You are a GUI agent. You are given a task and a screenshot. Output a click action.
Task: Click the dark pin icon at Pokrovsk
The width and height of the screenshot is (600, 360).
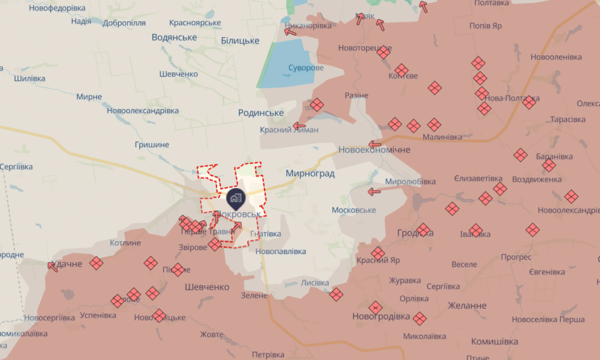click(x=235, y=198)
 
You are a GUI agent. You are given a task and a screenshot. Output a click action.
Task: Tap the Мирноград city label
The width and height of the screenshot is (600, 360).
click(x=310, y=173)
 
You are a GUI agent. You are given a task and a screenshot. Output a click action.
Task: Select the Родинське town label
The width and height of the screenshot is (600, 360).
click(x=261, y=112)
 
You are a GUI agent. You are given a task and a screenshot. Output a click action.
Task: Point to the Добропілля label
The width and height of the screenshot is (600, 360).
click(x=123, y=23)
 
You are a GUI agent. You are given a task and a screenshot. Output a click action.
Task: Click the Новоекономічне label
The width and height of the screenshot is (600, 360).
click(x=374, y=149)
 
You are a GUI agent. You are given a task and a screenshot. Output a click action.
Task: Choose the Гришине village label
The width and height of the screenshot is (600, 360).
click(x=152, y=145)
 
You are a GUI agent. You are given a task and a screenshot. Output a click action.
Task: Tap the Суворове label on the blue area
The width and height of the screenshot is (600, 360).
click(x=305, y=68)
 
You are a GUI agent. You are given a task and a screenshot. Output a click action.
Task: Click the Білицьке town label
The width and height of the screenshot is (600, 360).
click(x=240, y=41)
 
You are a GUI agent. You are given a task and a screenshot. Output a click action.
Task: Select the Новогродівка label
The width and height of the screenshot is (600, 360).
click(x=381, y=316)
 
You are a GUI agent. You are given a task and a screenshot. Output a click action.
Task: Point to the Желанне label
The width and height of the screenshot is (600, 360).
click(x=467, y=305)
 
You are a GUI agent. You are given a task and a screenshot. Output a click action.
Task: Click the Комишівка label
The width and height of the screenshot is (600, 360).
click(x=495, y=341)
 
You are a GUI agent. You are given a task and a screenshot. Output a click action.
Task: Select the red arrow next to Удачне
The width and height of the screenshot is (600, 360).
click(x=53, y=266)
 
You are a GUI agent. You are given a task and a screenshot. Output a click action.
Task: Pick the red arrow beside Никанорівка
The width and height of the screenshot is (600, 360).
click(x=291, y=31)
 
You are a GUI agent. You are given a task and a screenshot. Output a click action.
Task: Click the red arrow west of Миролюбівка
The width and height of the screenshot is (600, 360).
click(x=374, y=191)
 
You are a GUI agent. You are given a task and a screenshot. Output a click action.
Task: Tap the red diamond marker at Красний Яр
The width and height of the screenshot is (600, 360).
click(x=378, y=253)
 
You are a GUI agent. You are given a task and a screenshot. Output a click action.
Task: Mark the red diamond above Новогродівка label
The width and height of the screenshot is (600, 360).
click(x=375, y=308)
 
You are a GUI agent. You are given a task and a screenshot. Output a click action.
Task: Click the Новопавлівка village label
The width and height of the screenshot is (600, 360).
click(x=280, y=251)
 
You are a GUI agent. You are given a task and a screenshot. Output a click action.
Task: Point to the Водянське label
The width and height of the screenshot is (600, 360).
click(x=174, y=37)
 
